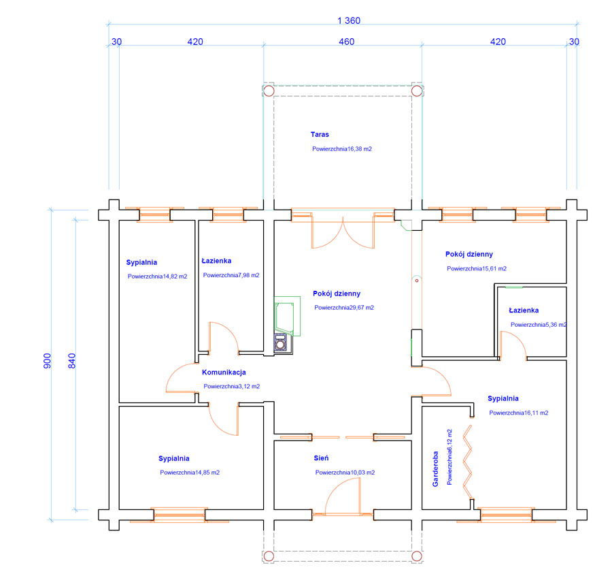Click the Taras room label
320,135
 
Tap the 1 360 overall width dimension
348,20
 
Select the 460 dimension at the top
346,42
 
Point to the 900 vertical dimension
47,361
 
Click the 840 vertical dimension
72,361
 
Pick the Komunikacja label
224,372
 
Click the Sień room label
322,459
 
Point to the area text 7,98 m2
231,275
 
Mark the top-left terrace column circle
269,91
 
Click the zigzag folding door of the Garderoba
467,463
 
